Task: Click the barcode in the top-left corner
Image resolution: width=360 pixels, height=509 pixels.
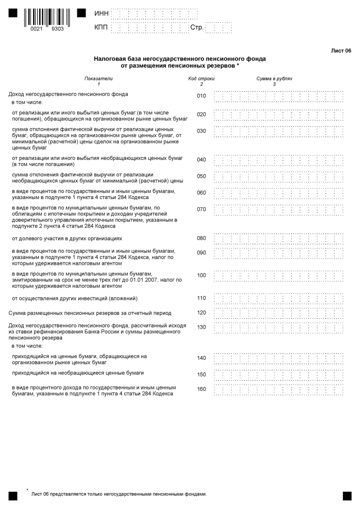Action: coord(44,17)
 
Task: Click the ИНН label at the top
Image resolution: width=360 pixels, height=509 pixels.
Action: coord(102,14)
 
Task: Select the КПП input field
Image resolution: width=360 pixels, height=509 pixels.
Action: coord(149,28)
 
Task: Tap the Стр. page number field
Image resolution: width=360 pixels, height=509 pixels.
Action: coord(218,28)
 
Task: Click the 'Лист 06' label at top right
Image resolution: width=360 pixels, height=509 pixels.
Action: coord(341,51)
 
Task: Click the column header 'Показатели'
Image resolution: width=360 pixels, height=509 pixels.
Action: coord(98,78)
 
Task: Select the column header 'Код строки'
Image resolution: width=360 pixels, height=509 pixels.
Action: coord(201,78)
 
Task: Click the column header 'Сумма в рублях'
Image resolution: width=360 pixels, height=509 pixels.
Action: coord(274,78)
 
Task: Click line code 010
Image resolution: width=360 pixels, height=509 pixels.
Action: coord(201,96)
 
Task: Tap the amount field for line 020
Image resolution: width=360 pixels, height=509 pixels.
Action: coord(278,114)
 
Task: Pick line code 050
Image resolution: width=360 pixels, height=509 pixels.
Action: coord(201,176)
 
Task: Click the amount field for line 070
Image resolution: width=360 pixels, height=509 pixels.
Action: coord(278,209)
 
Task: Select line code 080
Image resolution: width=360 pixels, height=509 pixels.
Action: coord(201,238)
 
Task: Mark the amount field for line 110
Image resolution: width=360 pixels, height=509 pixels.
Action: coord(278,298)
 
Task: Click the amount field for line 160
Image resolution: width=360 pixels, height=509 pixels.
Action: coord(278,389)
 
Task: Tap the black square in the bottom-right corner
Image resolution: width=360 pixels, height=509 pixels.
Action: coord(347,496)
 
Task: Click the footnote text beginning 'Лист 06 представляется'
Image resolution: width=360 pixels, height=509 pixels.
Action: coord(119,494)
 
